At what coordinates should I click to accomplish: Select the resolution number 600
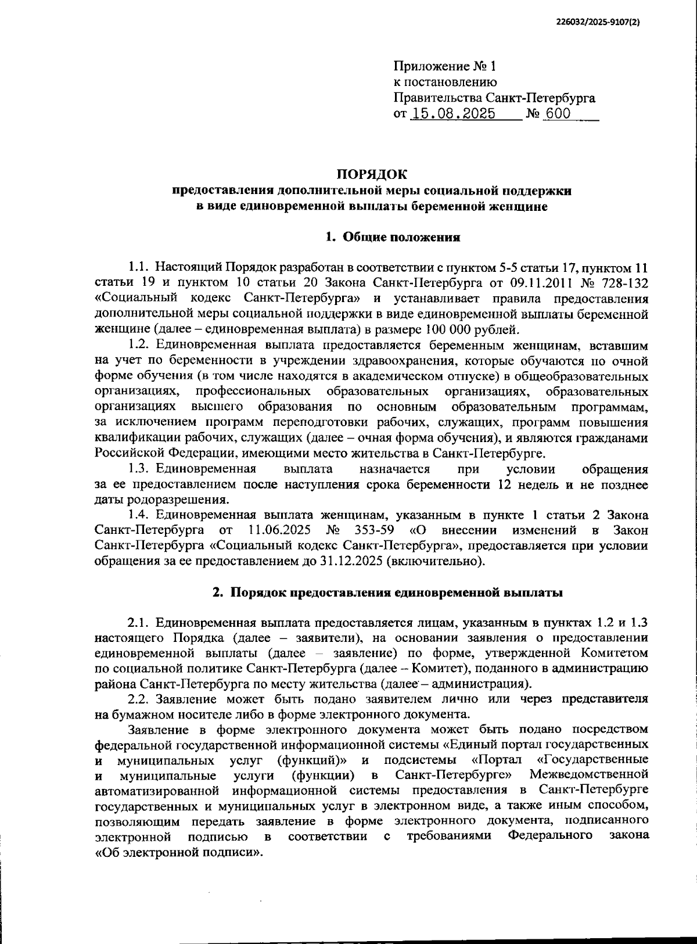tap(558, 114)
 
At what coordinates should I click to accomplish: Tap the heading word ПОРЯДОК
tap(372, 174)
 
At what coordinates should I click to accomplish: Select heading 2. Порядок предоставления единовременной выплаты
tap(387, 593)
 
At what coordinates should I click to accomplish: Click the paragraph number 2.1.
tap(139, 623)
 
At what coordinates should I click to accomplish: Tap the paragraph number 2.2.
tap(139, 699)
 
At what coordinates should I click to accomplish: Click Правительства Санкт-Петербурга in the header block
tap(494, 98)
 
